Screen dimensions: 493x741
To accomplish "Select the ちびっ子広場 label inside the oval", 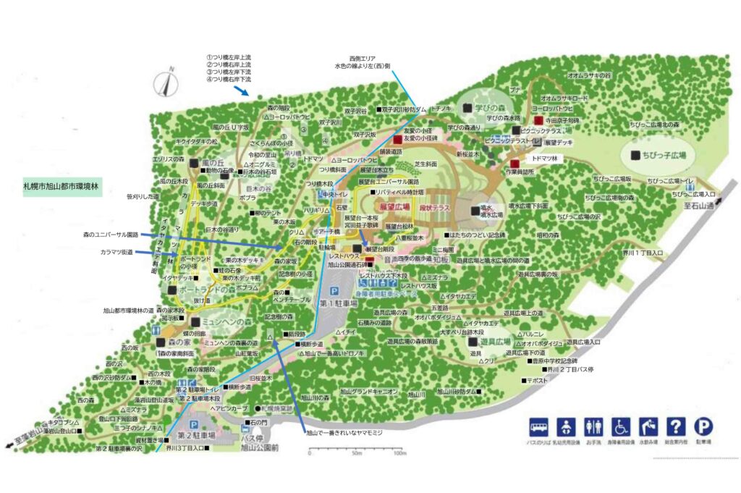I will tap(662, 155).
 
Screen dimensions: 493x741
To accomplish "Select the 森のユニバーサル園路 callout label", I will tap(110, 235).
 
